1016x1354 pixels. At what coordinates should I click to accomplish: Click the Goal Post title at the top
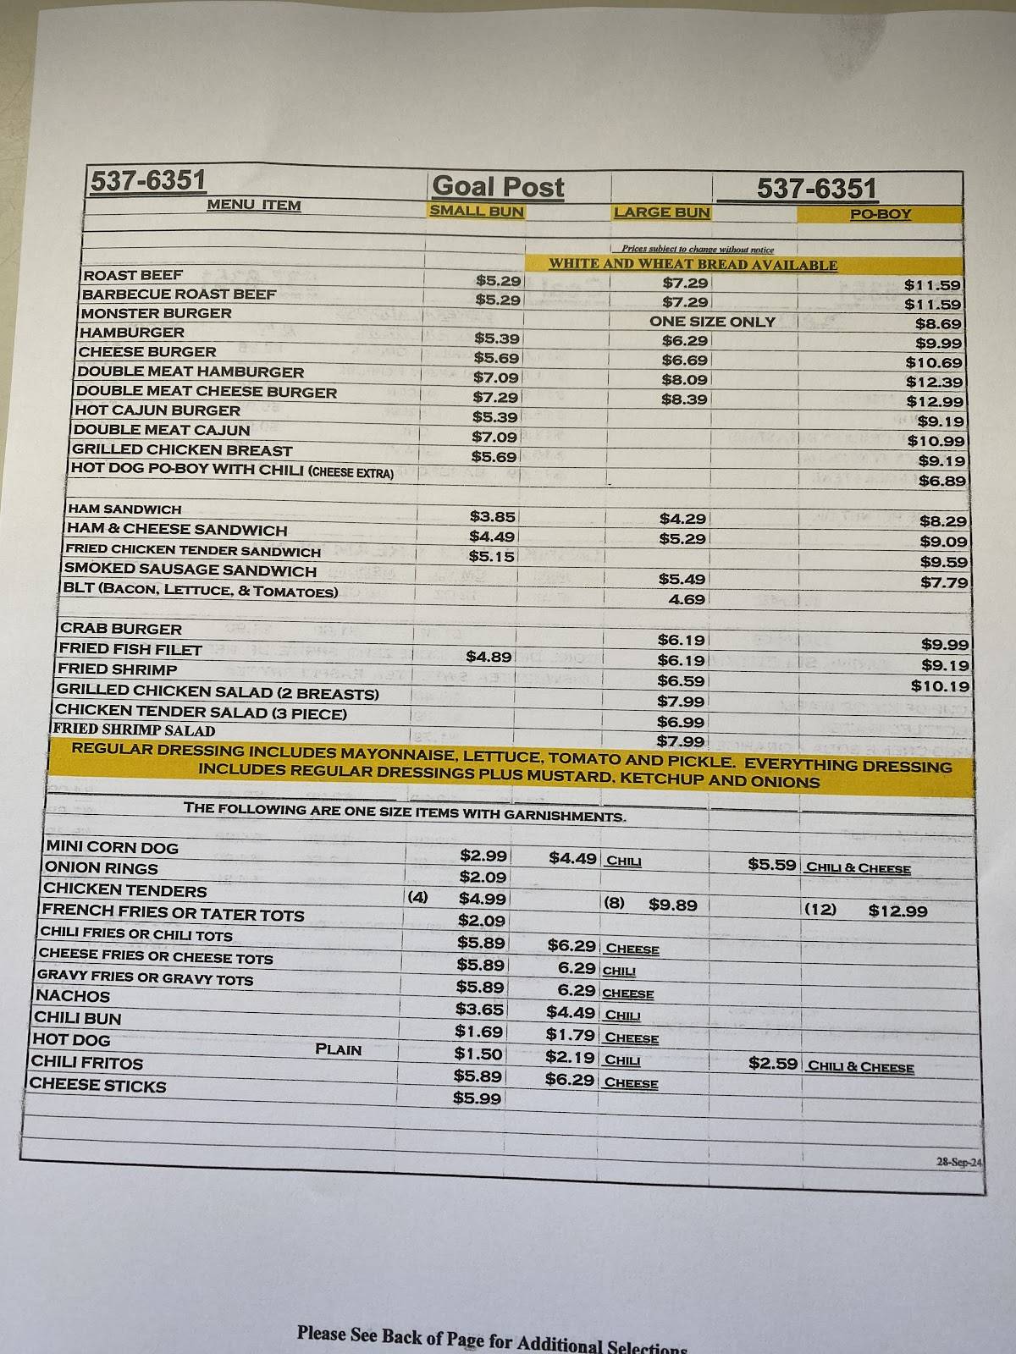497,187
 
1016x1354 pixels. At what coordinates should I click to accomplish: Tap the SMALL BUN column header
477,212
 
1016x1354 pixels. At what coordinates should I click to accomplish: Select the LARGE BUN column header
661,212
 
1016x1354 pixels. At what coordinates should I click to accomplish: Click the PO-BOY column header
880,214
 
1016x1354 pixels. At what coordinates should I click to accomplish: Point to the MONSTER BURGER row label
156,313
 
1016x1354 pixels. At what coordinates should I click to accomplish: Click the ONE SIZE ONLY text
712,322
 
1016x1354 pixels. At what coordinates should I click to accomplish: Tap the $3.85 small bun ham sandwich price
492,516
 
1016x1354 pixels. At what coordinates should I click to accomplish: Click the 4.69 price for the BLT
687,599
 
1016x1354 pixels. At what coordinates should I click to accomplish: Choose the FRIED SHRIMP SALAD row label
135,729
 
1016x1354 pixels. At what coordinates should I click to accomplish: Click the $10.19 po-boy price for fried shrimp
940,686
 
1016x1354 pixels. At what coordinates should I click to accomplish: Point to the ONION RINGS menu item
101,868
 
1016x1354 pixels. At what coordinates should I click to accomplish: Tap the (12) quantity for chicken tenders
820,910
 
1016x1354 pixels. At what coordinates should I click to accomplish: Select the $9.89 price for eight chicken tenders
673,905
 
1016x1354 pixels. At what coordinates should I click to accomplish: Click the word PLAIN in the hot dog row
338,1049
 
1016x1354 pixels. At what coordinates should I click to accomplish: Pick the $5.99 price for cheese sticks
478,1098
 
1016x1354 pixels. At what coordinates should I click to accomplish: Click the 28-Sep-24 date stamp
958,1162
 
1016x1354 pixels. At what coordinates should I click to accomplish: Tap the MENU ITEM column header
254,205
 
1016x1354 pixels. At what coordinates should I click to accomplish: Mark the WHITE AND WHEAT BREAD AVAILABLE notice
693,265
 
